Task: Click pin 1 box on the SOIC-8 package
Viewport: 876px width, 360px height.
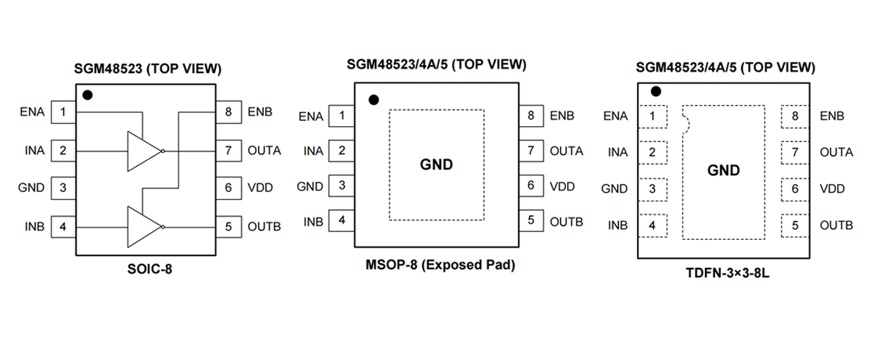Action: click(x=64, y=112)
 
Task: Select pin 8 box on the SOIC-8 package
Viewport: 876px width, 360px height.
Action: click(x=228, y=112)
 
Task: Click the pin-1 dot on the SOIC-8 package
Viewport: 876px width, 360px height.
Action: click(x=88, y=95)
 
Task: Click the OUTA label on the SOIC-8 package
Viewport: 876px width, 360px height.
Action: click(x=264, y=151)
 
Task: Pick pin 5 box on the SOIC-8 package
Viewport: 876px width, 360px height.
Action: click(x=228, y=226)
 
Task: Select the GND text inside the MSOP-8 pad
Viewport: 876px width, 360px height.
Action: click(x=436, y=164)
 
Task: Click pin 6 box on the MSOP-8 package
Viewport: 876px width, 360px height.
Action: click(x=530, y=186)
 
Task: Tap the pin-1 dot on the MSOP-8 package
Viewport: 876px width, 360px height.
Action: click(x=374, y=100)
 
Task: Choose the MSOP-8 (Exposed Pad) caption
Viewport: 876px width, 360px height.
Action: click(x=440, y=265)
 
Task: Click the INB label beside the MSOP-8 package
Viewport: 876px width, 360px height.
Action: click(x=313, y=222)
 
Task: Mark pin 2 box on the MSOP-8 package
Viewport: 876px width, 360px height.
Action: click(x=341, y=151)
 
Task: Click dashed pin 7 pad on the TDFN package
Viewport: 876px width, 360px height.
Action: click(x=795, y=152)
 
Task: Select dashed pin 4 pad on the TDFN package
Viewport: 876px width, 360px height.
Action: click(x=653, y=225)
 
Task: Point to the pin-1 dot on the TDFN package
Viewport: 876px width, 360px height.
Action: click(x=656, y=92)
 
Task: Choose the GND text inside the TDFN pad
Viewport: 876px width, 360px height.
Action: click(x=723, y=170)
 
